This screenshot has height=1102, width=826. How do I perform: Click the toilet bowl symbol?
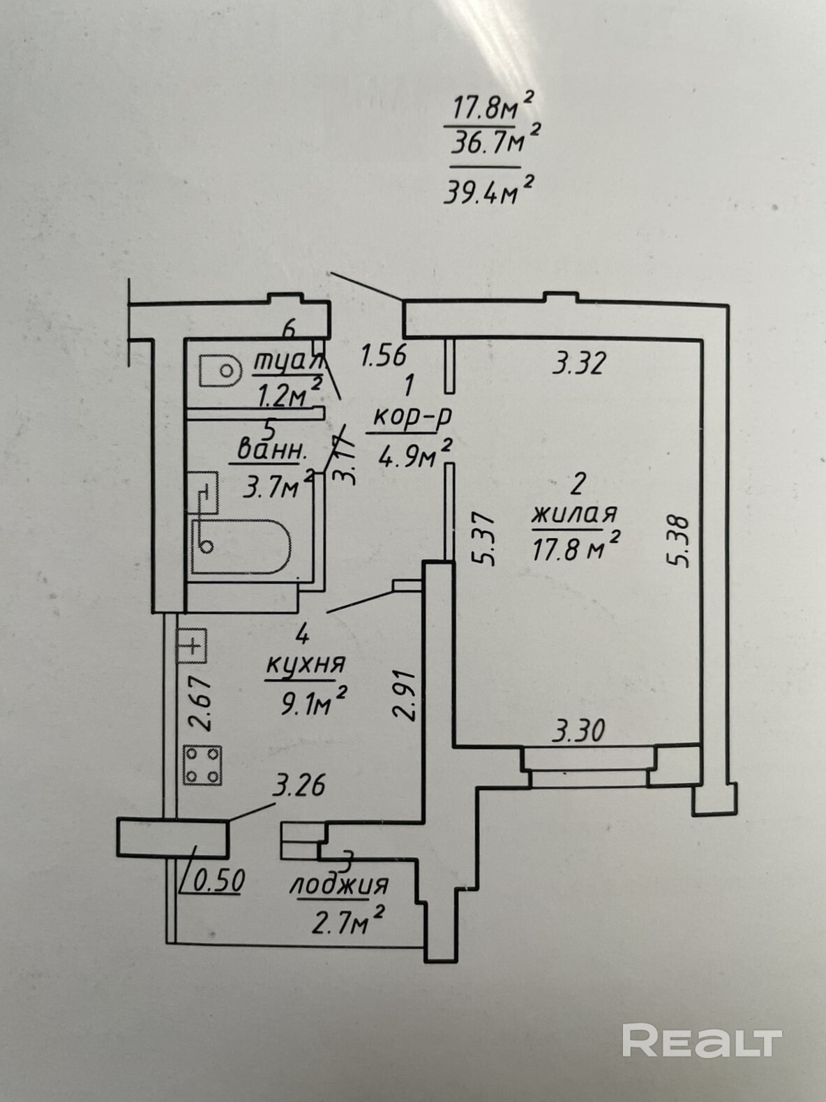tap(218, 370)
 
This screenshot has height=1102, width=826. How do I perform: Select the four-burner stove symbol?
tap(203, 765)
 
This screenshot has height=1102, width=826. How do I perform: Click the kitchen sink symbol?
tap(193, 646)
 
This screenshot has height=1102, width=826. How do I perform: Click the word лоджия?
tap(339, 886)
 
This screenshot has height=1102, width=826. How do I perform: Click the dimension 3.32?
tap(578, 364)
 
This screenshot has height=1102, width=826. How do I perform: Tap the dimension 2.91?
tap(405, 695)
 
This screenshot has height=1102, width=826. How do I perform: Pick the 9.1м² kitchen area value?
tap(313, 702)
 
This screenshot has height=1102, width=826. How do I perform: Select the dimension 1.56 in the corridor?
tap(382, 355)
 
